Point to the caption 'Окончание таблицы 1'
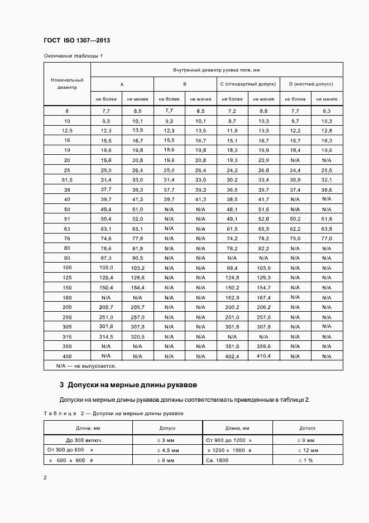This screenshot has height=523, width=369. (73, 55)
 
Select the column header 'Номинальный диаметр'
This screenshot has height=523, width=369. (67, 83)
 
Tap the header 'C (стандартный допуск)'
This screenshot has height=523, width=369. (248, 83)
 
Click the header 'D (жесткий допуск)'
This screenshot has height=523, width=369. (311, 83)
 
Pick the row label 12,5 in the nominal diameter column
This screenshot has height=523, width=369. (67, 130)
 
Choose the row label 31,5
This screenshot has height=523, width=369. (67, 179)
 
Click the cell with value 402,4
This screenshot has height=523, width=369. (232, 356)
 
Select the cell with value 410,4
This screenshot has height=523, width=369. (263, 356)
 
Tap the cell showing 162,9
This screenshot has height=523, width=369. (232, 297)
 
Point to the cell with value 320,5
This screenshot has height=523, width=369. (137, 336)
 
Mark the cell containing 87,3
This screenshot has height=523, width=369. (106, 258)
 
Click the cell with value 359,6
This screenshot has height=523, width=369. (263, 346)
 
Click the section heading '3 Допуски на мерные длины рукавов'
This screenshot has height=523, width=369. (128, 386)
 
